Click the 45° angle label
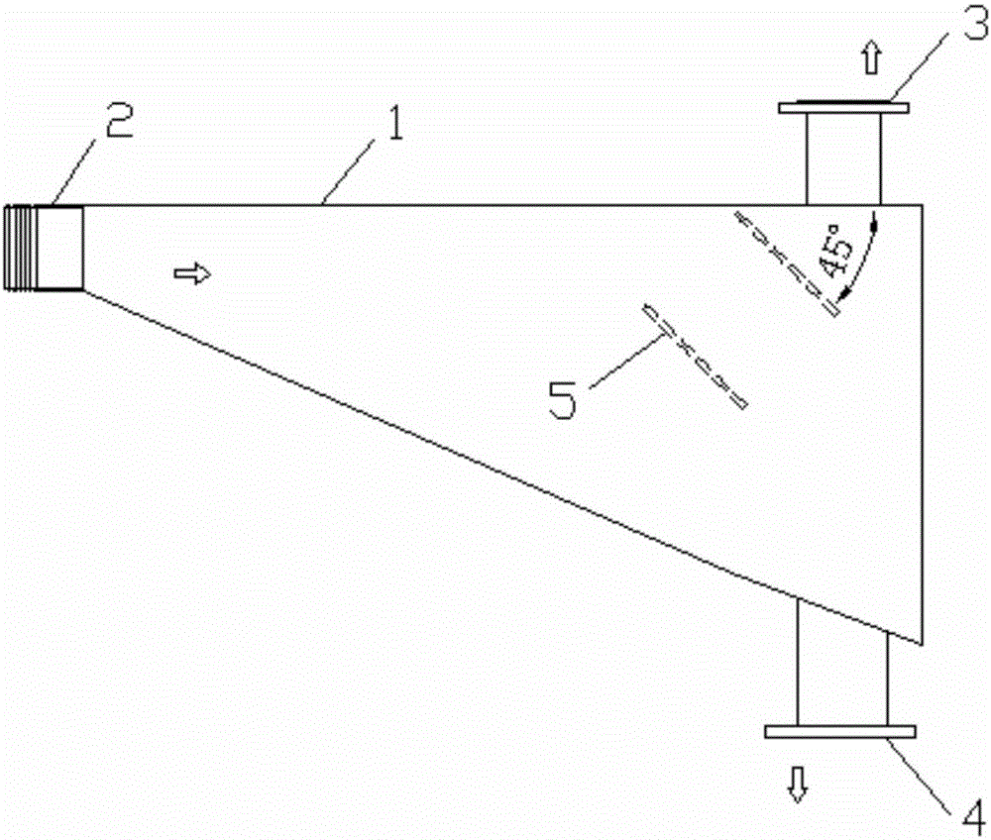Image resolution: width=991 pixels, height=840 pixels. tap(835, 255)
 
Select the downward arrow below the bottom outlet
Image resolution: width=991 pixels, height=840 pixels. tap(797, 786)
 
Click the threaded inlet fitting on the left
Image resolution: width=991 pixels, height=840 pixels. tap(44, 248)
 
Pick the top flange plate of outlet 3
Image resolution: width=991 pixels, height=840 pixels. tap(843, 107)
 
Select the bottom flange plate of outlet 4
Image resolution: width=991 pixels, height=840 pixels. tap(840, 732)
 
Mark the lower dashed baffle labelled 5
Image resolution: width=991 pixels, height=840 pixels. tap(695, 357)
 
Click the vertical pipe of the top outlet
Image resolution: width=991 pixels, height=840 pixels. tap(843, 158)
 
